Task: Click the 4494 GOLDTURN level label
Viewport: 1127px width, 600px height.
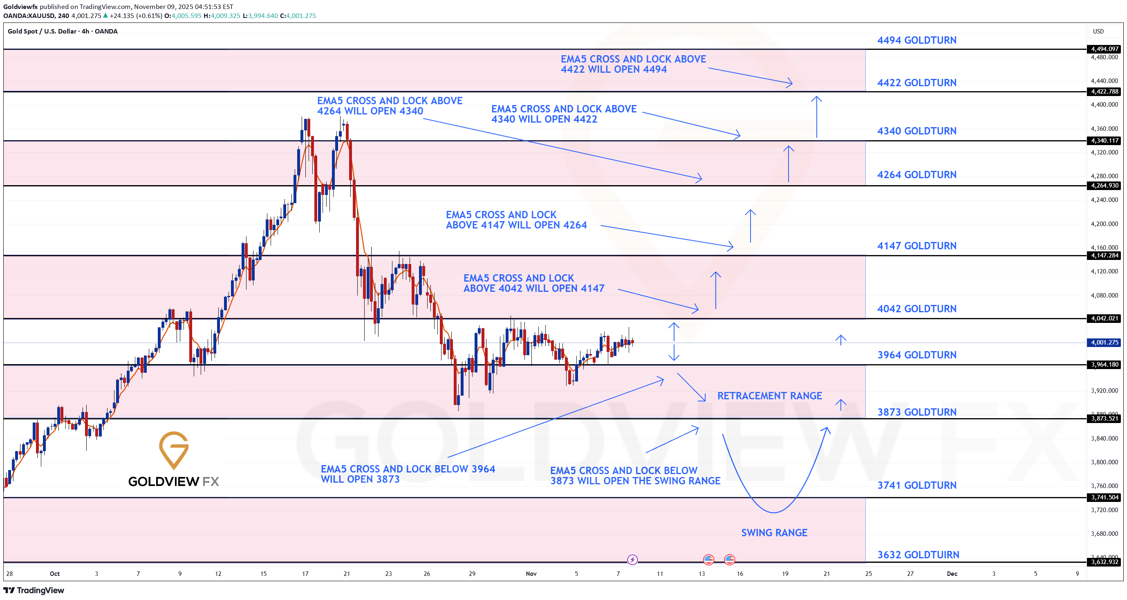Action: [916, 40]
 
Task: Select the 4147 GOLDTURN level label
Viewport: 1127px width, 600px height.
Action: [916, 246]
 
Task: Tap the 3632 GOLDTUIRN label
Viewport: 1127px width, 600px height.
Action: [918, 555]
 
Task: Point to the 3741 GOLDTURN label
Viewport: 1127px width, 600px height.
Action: [916, 485]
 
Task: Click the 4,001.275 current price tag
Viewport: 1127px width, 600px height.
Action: [1104, 343]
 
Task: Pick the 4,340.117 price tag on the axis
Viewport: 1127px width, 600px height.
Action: [1104, 140]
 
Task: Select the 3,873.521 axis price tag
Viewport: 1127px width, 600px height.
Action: [1104, 419]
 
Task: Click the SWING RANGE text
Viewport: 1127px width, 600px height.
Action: [774, 533]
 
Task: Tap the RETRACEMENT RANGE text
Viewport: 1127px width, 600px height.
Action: [769, 396]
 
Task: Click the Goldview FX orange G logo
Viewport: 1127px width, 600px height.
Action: [174, 450]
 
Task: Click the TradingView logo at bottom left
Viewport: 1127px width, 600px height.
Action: [34, 590]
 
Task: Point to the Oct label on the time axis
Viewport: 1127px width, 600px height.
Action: [55, 573]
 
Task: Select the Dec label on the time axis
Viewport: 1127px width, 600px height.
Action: [952, 573]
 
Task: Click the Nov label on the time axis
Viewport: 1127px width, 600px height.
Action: [531, 573]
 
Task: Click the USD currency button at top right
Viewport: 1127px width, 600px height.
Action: [1098, 31]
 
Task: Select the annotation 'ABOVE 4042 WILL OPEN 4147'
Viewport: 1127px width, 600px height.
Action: [534, 288]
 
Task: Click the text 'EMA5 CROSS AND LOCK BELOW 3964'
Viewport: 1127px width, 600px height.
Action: [408, 469]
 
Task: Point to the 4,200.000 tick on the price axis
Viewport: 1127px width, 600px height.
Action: [1104, 224]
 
